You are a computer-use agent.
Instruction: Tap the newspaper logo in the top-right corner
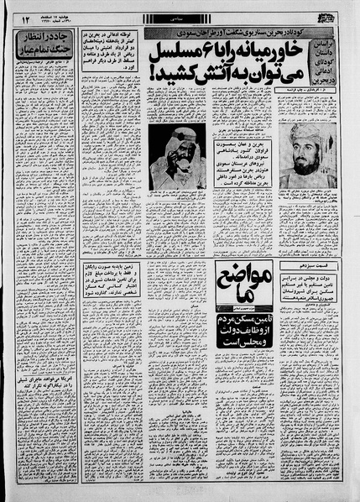pos(334,16)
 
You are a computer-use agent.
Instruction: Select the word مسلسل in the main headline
pos(170,56)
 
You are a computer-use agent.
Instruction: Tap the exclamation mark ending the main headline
pos(153,86)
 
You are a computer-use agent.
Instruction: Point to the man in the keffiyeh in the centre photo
pos(172,156)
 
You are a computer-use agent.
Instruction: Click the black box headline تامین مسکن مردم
pos(189,328)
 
